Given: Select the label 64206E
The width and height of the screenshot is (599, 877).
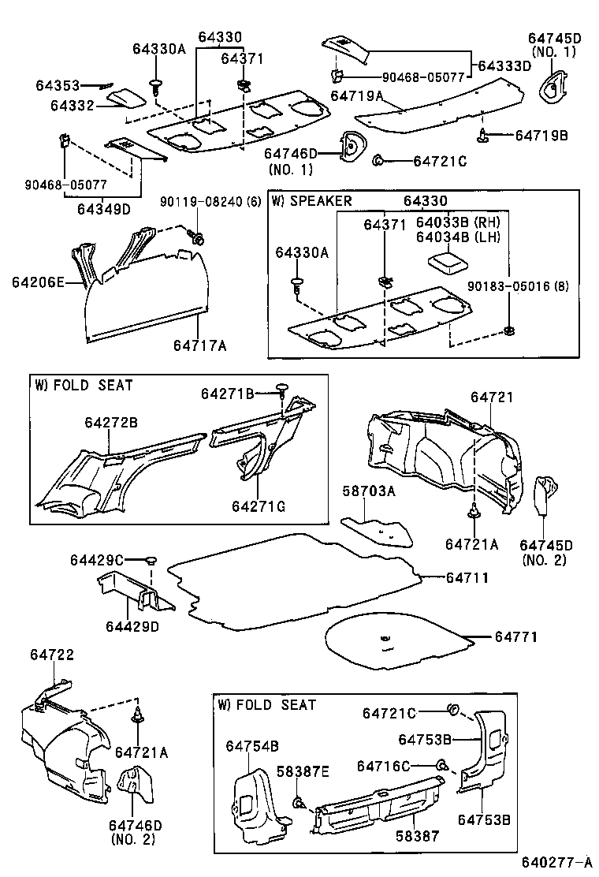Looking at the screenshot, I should pyautogui.click(x=38, y=282).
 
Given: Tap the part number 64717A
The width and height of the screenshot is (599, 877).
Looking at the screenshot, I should pyautogui.click(x=200, y=345).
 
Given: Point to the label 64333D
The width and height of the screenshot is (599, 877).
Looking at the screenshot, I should pyautogui.click(x=504, y=65).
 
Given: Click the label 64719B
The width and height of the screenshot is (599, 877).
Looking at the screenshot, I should pyautogui.click(x=541, y=135).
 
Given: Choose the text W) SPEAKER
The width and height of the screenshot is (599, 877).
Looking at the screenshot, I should pyautogui.click(x=311, y=200).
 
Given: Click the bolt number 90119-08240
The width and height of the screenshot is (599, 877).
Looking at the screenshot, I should pyautogui.click(x=201, y=200).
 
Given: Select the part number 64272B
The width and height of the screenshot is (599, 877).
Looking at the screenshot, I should pyautogui.click(x=111, y=424).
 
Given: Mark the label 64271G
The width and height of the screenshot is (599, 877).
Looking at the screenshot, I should pyautogui.click(x=259, y=505).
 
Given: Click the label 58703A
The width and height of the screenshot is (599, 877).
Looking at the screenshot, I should pyautogui.click(x=368, y=491).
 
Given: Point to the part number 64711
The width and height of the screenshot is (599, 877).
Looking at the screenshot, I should pyautogui.click(x=467, y=577).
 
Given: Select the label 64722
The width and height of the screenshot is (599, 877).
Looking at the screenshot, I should pyautogui.click(x=52, y=655).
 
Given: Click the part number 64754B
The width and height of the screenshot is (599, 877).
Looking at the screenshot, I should pyautogui.click(x=252, y=746).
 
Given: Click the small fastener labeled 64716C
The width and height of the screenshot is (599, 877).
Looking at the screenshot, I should pyautogui.click(x=441, y=764).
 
